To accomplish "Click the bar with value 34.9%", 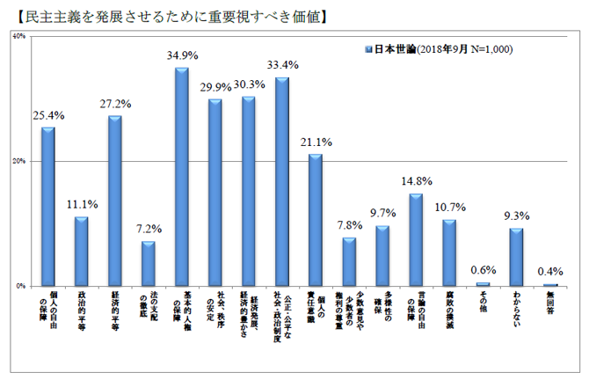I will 182,176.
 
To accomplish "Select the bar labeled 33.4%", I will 282,181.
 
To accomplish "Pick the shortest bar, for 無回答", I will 550,284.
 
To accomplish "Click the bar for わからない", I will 517,257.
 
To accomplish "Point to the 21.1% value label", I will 316,142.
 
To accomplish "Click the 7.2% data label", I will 148,230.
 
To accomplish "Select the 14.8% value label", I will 417,182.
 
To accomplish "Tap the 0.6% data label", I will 484,269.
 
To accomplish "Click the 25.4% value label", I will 47,115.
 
